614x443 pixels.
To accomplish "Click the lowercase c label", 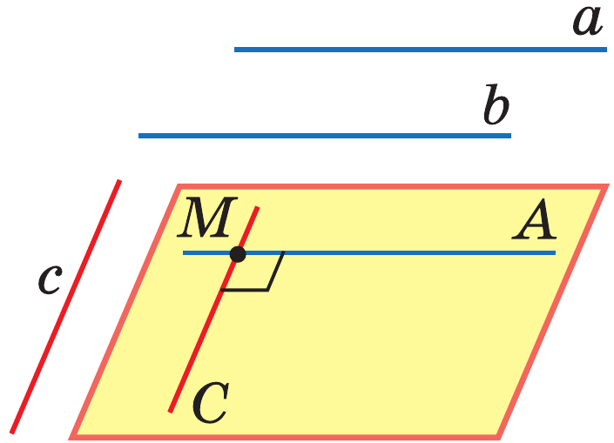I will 50,277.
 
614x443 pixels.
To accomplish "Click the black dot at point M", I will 237,254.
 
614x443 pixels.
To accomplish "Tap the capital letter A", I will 534,225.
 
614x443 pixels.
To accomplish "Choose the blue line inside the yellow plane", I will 392,253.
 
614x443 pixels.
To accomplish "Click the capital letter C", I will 210,402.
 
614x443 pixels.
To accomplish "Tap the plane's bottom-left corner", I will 74,434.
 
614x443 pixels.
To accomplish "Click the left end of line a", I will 236,50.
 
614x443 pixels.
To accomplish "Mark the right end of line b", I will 509,136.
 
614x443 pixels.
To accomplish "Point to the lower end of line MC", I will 172,410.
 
